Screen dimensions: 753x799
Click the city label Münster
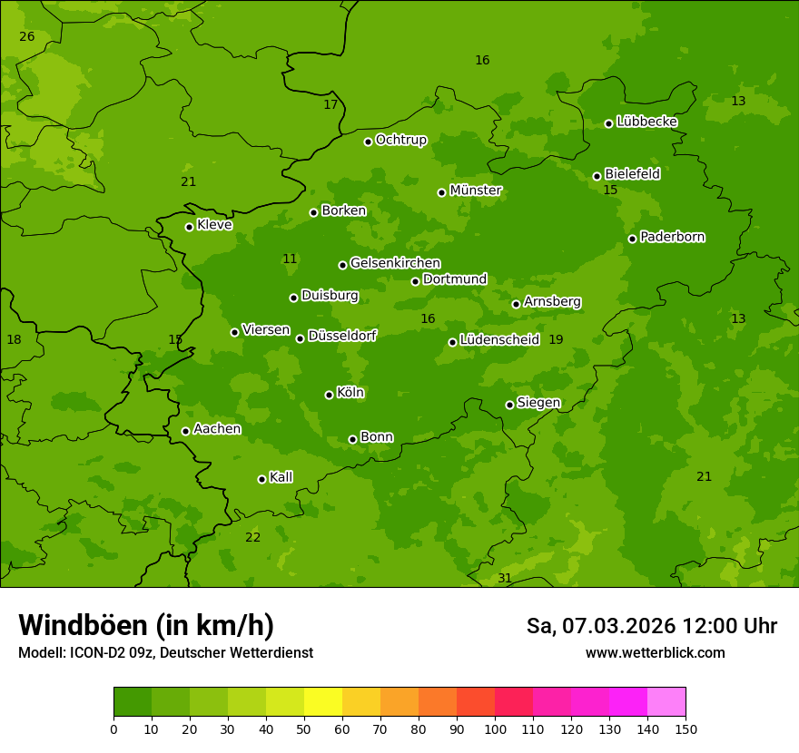coord(476,191)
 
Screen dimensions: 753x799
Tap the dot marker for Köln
coord(329,395)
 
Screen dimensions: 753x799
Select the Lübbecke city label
coord(646,122)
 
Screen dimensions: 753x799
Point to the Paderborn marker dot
coord(632,239)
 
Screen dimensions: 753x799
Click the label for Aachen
coord(217,429)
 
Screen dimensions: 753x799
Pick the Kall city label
coord(281,477)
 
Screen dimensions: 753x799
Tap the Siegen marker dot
coord(509,405)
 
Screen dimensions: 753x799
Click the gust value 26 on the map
coord(27,36)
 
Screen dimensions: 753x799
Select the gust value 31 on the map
coord(505,578)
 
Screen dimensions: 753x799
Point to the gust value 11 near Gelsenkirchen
coord(290,259)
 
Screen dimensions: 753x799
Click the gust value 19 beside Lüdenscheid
coord(556,339)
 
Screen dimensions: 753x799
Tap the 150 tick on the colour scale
coord(686,729)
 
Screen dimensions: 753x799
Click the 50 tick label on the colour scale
coord(304,729)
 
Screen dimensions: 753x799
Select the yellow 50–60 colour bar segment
coord(323,702)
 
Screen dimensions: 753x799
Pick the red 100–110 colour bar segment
coord(514,702)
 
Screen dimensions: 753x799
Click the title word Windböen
coord(83,625)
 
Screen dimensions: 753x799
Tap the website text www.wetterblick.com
coord(655,652)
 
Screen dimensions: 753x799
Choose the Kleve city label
coord(214,225)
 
